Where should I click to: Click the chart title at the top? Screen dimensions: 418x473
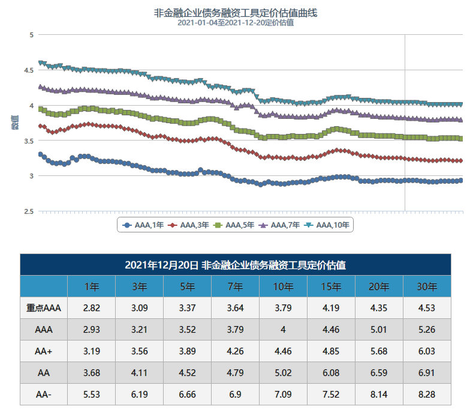coord(236,12)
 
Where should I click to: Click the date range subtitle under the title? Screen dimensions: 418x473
coord(236,23)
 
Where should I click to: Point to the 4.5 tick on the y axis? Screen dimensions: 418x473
coord(28,70)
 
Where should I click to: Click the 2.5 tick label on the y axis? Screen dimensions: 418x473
coord(28,211)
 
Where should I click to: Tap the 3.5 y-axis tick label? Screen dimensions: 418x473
coord(28,141)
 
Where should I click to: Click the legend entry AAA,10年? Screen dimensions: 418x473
coord(327,225)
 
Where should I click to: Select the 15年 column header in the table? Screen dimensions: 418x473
coord(331,286)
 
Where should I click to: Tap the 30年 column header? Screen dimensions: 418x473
coord(427,286)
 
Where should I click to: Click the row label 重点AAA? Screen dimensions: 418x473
coord(43,308)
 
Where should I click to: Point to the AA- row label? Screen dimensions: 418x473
coord(43,395)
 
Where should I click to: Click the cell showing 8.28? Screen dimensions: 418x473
coord(427,395)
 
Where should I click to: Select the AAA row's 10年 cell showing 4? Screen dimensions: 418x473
coord(283,330)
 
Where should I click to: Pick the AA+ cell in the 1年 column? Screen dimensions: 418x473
coord(91,351)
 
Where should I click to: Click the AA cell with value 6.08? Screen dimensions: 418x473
coord(331,373)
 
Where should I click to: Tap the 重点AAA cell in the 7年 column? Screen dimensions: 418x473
coord(235,308)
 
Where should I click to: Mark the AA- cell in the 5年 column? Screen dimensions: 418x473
coord(187,395)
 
